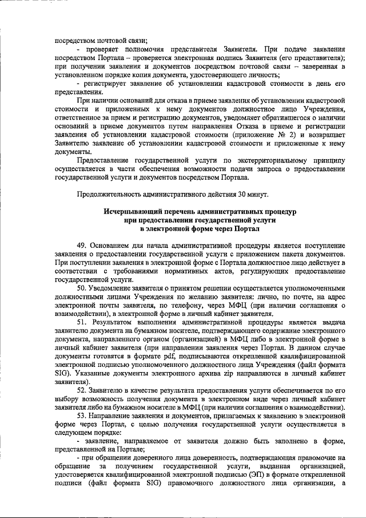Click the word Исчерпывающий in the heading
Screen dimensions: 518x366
(131, 212)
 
